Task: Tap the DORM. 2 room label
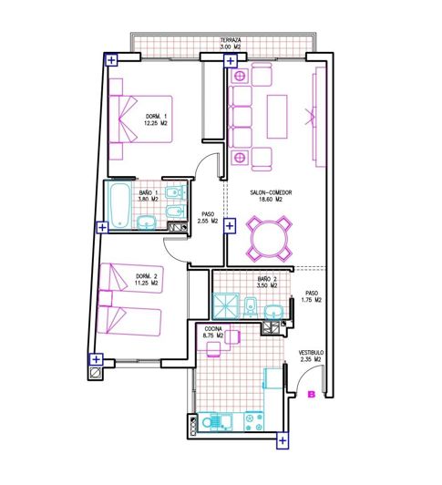pyautogui.click(x=147, y=275)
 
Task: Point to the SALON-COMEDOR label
pyautogui.click(x=271, y=193)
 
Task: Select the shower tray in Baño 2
pyautogui.click(x=226, y=305)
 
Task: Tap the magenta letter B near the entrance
pyautogui.click(x=311, y=395)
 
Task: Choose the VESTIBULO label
pyautogui.click(x=311, y=353)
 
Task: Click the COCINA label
pyautogui.click(x=213, y=328)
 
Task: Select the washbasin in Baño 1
pyautogui.click(x=146, y=222)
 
